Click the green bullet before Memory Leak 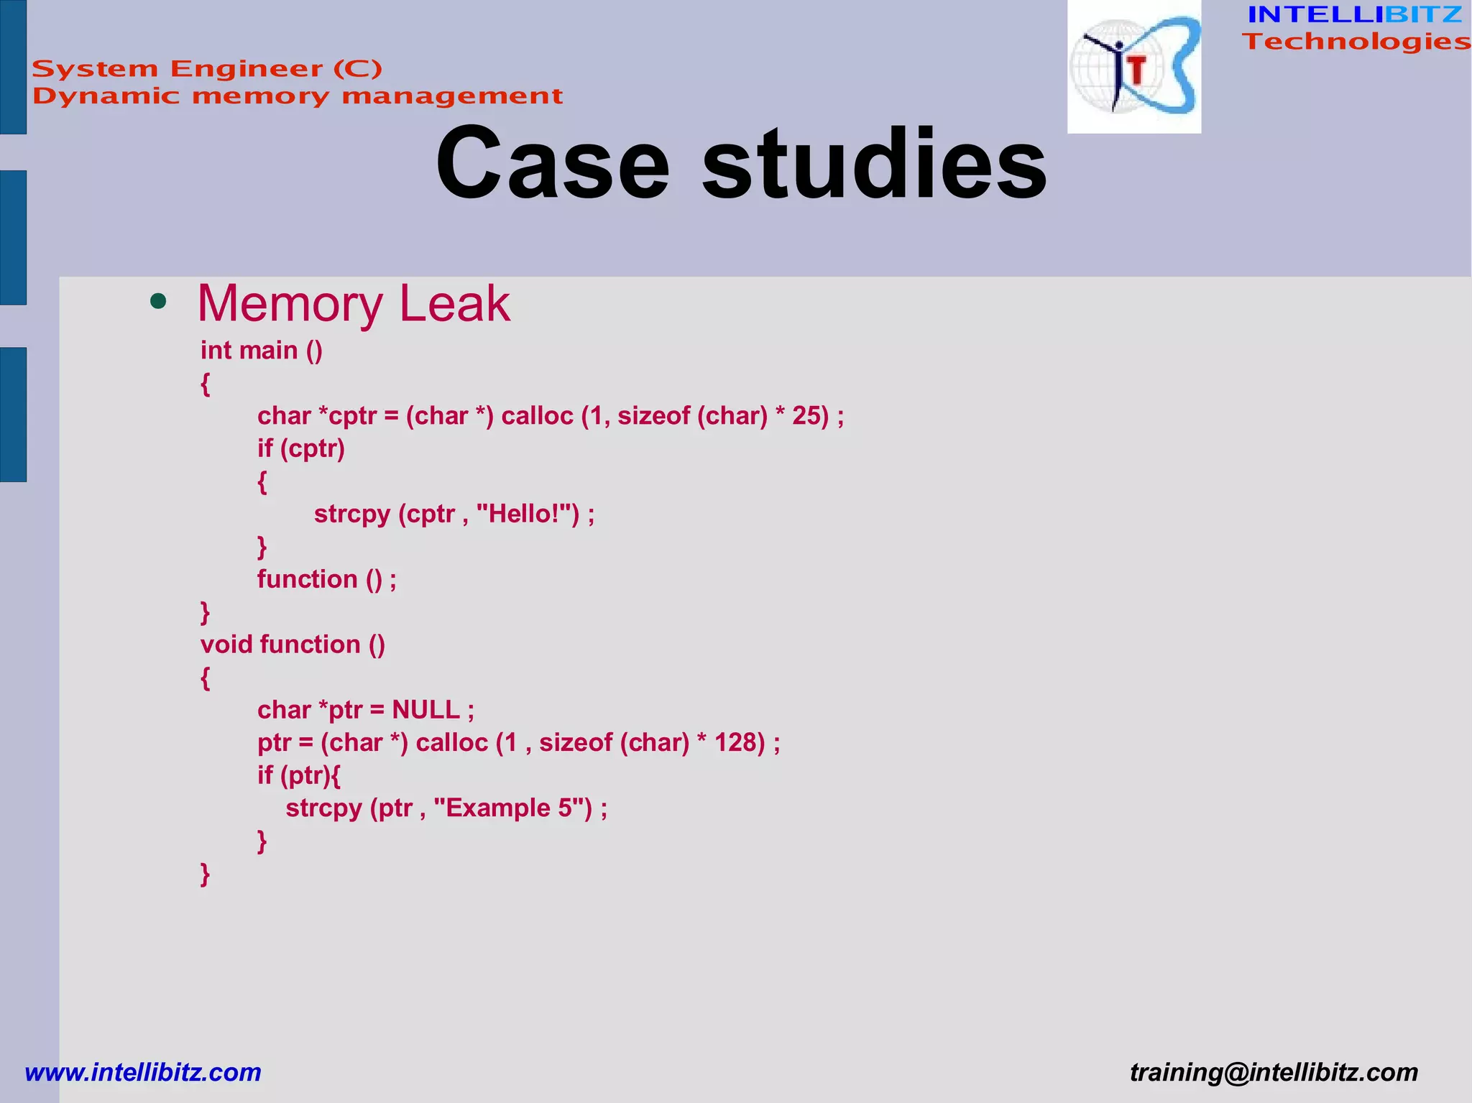coord(158,302)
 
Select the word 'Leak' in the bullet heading coord(454,303)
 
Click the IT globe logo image coord(1133,67)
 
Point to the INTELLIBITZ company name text coord(1354,14)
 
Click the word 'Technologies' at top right coord(1356,42)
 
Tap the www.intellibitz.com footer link coord(143,1072)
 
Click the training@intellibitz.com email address coord(1274,1072)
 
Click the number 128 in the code coord(740,742)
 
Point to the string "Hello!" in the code coord(528,514)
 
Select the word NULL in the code coord(425,710)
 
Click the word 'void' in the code coord(226,645)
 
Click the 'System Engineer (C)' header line coord(207,69)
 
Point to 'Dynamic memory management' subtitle coord(297,96)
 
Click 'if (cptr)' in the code coord(301,448)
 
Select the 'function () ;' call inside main coord(326,579)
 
